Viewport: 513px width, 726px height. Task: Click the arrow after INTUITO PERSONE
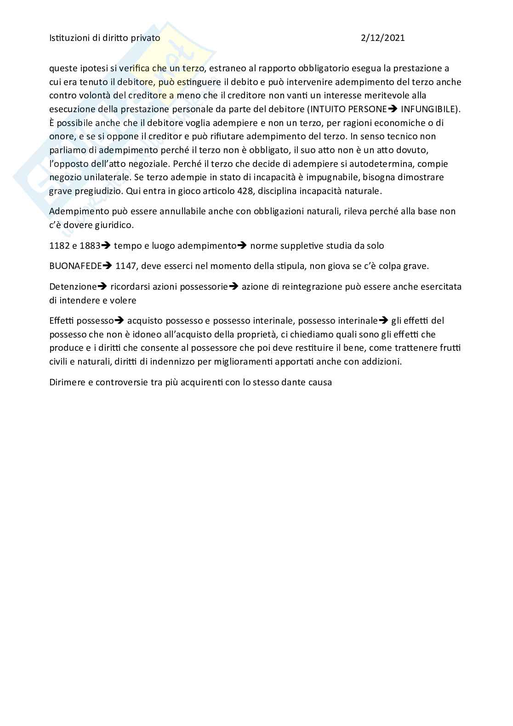(393, 109)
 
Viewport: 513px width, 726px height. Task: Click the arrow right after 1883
(106, 246)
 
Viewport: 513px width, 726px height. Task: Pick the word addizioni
(381, 361)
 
